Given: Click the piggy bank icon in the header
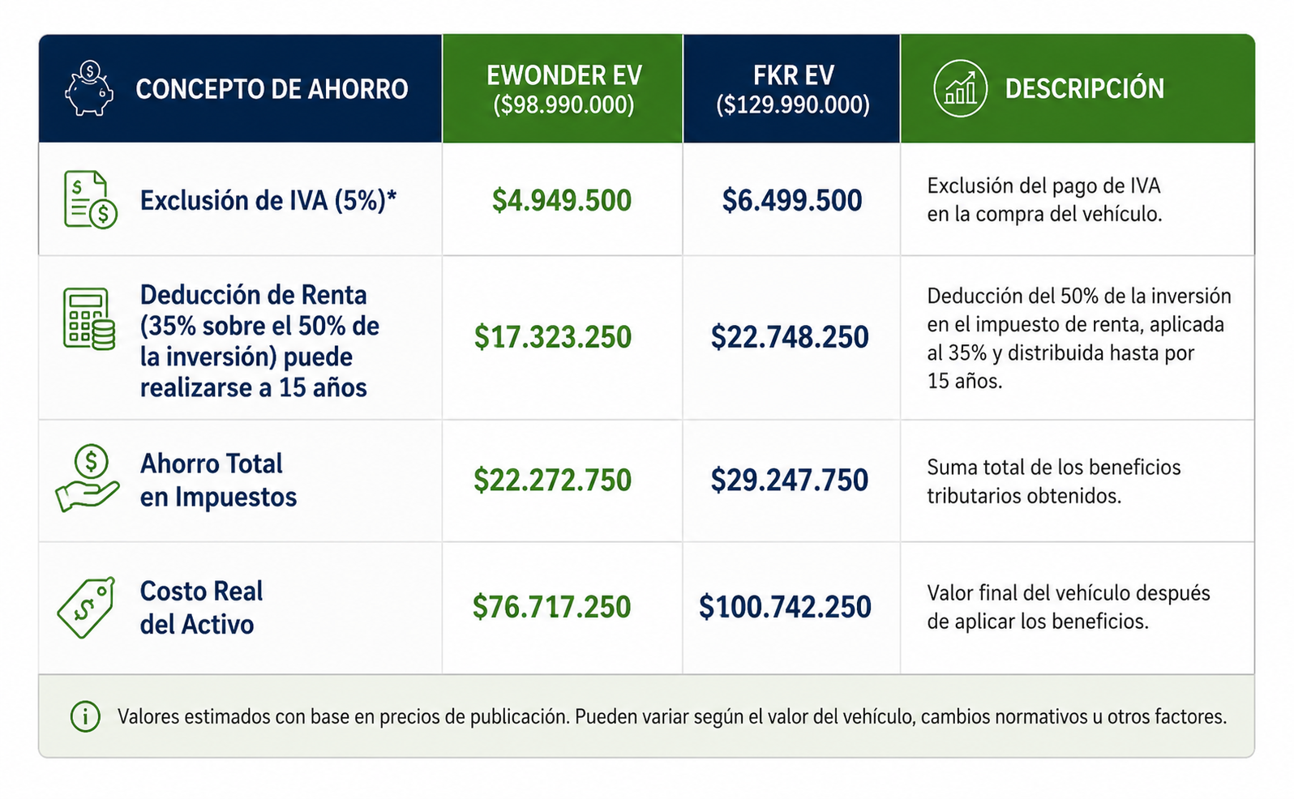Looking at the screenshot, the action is [x=89, y=88].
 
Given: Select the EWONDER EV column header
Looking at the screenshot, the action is [x=563, y=89].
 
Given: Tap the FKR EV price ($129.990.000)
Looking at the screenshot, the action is [x=793, y=105].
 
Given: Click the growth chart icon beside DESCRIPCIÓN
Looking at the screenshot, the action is [x=960, y=88].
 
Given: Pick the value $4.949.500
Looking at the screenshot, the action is [x=562, y=200].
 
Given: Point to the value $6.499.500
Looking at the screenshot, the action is [x=791, y=200].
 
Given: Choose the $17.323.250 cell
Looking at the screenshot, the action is [x=552, y=337].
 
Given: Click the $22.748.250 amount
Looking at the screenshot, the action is [x=789, y=337].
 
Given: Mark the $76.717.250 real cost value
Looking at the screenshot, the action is [x=551, y=607].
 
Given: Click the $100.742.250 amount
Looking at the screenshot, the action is [x=785, y=607].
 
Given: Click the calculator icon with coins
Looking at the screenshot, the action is [x=89, y=318].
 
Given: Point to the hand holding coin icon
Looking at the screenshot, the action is [x=88, y=478].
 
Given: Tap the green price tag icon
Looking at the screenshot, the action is [x=87, y=607].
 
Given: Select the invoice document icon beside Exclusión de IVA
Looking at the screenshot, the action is [x=90, y=199].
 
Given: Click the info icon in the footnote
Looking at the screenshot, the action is [x=85, y=717].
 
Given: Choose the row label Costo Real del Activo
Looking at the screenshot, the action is [x=201, y=608].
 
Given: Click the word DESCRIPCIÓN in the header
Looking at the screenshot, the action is [x=1084, y=89].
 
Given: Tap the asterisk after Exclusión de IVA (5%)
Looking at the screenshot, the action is [x=392, y=195].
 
